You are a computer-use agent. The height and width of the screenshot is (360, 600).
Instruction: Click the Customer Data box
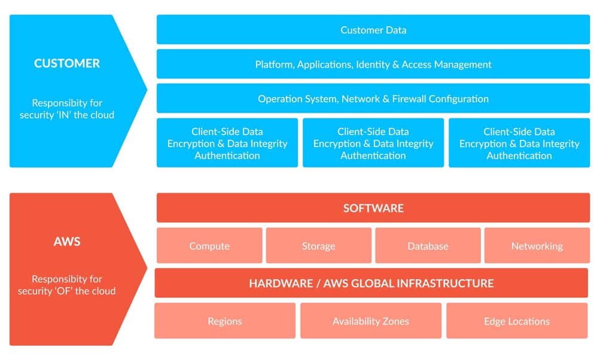click(x=373, y=30)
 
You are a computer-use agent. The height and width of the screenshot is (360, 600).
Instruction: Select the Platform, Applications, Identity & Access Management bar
click(x=373, y=64)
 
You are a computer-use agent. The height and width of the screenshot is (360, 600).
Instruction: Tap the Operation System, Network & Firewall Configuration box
click(x=373, y=99)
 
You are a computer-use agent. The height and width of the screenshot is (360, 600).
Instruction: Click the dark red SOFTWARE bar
click(x=373, y=208)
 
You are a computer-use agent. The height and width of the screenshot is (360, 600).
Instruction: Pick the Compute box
click(x=209, y=246)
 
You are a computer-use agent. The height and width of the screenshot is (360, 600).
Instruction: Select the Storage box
click(x=318, y=246)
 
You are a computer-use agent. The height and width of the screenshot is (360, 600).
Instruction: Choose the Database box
click(x=428, y=246)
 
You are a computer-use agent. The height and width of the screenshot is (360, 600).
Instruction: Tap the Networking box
click(x=537, y=246)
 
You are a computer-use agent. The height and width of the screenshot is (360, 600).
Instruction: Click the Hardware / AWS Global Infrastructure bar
click(x=371, y=283)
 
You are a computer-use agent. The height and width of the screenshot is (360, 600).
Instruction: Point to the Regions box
click(x=225, y=321)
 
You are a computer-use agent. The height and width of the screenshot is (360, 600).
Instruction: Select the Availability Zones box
click(x=371, y=321)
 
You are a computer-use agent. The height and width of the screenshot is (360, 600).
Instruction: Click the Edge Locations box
click(x=517, y=321)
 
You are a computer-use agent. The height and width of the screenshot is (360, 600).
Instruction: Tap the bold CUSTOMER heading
click(x=67, y=63)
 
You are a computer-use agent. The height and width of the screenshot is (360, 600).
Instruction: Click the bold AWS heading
click(x=67, y=242)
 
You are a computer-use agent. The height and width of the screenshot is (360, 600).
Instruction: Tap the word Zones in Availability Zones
click(x=396, y=321)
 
